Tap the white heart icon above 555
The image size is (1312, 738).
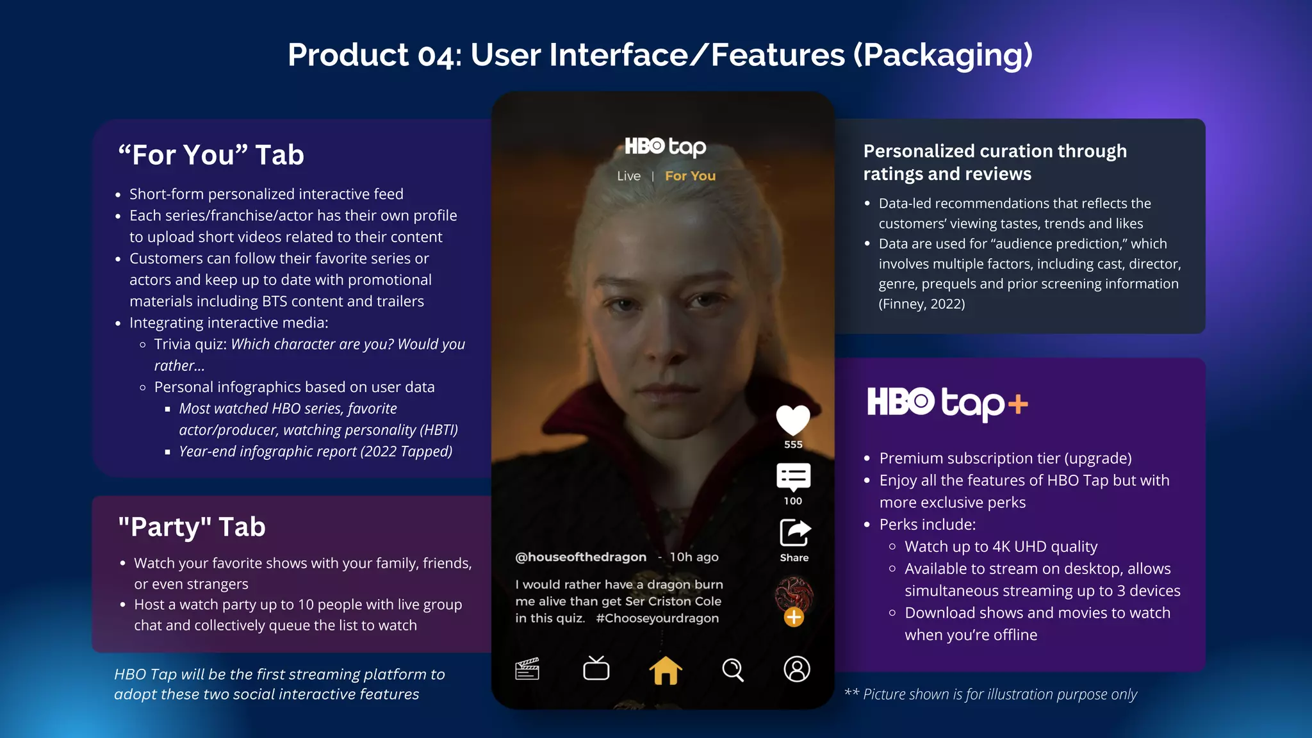tap(793, 420)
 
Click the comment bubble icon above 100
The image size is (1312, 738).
tap(793, 477)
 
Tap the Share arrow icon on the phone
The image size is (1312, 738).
tap(794, 532)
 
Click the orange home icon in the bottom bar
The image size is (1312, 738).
tap(666, 670)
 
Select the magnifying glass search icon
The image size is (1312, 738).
tap(733, 670)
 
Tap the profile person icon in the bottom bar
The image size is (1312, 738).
tap(797, 669)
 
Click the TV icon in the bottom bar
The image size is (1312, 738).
tap(596, 668)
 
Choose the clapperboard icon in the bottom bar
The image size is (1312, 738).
tap(527, 669)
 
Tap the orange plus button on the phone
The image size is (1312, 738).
tap(794, 617)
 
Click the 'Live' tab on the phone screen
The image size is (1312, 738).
tap(628, 176)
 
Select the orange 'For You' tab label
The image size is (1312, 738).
tap(690, 176)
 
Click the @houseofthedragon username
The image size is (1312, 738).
tap(580, 557)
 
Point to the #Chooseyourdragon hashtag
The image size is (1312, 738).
tap(657, 618)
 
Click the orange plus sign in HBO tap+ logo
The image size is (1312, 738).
tap(1017, 404)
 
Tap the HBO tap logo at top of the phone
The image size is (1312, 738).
tap(665, 147)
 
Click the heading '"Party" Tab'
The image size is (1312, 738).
tap(192, 527)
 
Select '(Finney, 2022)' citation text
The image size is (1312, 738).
tap(921, 304)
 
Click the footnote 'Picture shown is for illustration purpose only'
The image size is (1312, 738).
tap(999, 694)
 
